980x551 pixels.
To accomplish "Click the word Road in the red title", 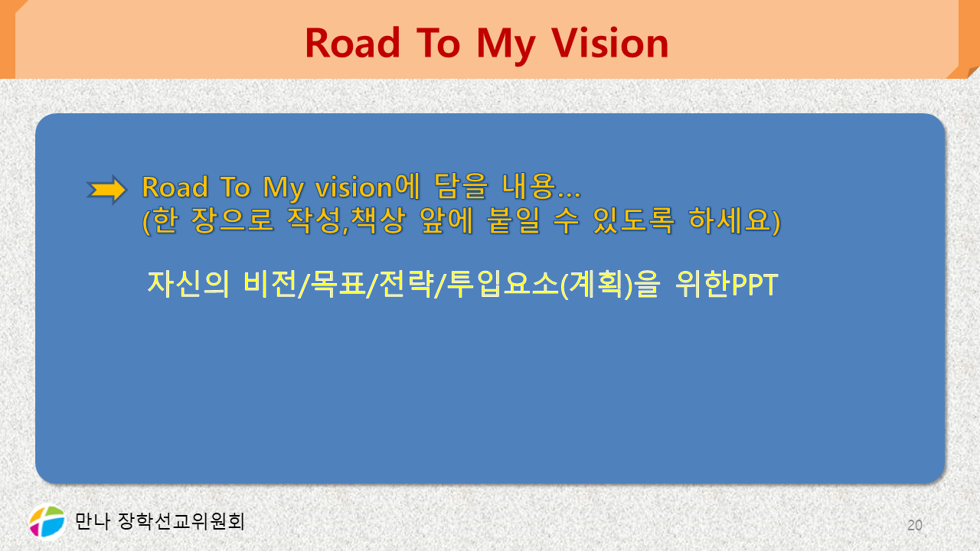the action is pyautogui.click(x=353, y=43).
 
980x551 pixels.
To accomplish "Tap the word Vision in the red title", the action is pyautogui.click(x=609, y=43).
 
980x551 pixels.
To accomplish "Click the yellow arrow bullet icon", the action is pyautogui.click(x=106, y=190).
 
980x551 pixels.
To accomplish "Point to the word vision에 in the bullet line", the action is pyautogui.click(x=367, y=187).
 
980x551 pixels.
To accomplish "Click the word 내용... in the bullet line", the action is pyautogui.click(x=541, y=187).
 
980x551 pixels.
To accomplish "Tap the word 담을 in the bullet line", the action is pyautogui.click(x=461, y=187).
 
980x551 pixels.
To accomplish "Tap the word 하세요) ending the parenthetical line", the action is pyautogui.click(x=734, y=220).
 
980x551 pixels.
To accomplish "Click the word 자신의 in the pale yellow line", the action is pyautogui.click(x=188, y=284).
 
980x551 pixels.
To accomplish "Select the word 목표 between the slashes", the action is pyautogui.click(x=336, y=284).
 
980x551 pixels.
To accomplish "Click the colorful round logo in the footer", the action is pyautogui.click(x=47, y=522).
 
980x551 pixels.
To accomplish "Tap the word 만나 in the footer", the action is pyautogui.click(x=93, y=521).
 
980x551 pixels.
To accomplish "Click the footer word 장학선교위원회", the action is pyautogui.click(x=181, y=521).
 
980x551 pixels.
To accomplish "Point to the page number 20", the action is pyautogui.click(x=915, y=525).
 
